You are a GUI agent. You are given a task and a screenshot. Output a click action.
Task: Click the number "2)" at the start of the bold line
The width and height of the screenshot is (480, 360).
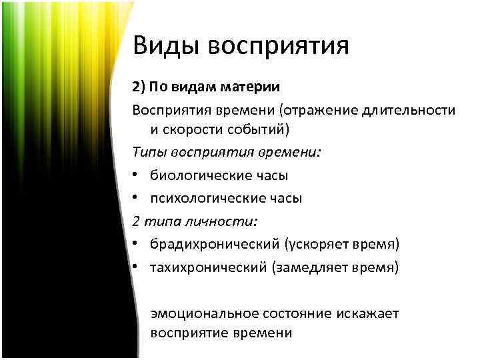139,87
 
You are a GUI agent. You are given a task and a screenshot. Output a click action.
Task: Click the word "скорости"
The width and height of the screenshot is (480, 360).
195,129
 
